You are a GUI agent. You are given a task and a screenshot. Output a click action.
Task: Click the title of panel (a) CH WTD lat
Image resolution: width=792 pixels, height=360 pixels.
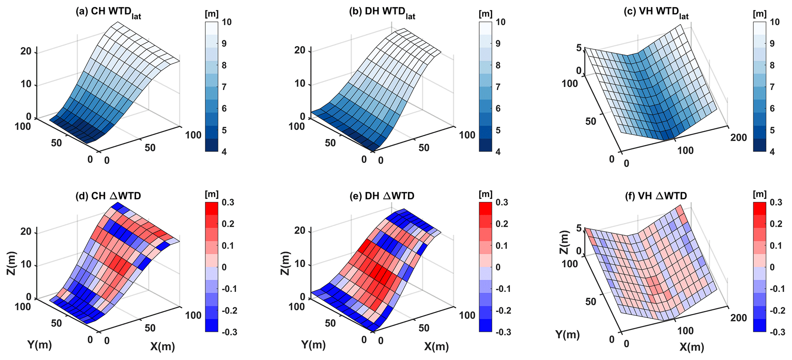[108, 12]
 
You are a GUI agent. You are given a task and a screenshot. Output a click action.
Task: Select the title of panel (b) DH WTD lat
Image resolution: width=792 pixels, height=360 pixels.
[382, 12]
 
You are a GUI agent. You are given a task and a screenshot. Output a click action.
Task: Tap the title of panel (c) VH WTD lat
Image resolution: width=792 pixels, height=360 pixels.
[656, 12]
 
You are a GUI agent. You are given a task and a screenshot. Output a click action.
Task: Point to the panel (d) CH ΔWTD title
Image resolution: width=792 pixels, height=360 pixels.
[109, 196]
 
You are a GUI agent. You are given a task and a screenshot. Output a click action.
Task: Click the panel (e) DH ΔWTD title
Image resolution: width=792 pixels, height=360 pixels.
[382, 196]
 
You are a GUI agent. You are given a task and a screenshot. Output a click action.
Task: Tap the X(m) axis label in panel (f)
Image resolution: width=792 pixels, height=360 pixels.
[692, 347]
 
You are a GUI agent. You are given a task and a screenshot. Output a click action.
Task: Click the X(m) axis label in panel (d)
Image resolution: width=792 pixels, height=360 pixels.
[162, 347]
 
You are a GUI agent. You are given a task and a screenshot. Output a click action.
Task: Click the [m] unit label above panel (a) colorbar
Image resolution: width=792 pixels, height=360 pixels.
[212, 15]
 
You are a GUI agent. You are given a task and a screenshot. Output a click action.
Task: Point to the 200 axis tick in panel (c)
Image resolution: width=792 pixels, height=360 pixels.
[739, 137]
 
